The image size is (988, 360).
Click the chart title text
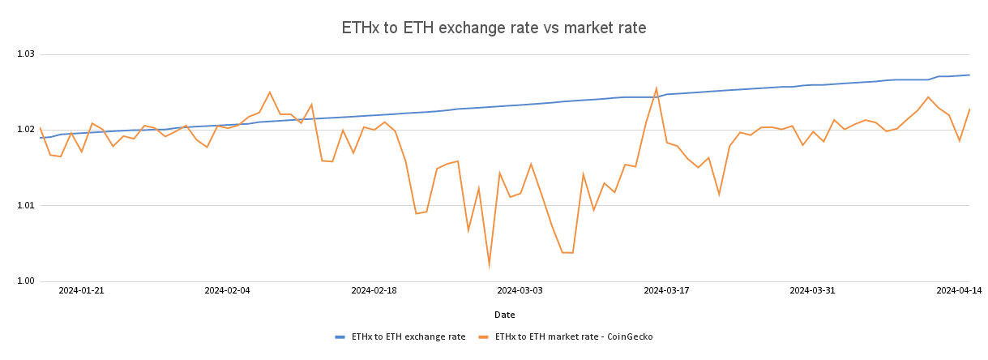point(494,28)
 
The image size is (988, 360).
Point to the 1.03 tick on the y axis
point(26,54)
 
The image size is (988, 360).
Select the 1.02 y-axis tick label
point(26,130)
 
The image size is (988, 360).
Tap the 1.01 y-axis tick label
point(26,205)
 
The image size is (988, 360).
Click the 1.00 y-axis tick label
point(26,281)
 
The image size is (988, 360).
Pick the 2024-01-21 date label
point(81,289)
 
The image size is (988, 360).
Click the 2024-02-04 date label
point(227,289)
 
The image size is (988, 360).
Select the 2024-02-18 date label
point(374,289)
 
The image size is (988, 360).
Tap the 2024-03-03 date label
point(520,289)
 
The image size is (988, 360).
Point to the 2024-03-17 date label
point(666,289)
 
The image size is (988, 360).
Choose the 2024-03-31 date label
point(812,289)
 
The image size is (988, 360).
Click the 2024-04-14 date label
point(959,289)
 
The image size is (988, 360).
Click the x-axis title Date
point(504,315)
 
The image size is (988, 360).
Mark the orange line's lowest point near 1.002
point(489,264)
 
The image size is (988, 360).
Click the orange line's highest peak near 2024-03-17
point(656,88)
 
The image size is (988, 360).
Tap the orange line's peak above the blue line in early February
point(270,92)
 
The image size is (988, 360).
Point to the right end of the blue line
point(969,75)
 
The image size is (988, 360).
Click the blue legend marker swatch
point(340,336)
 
